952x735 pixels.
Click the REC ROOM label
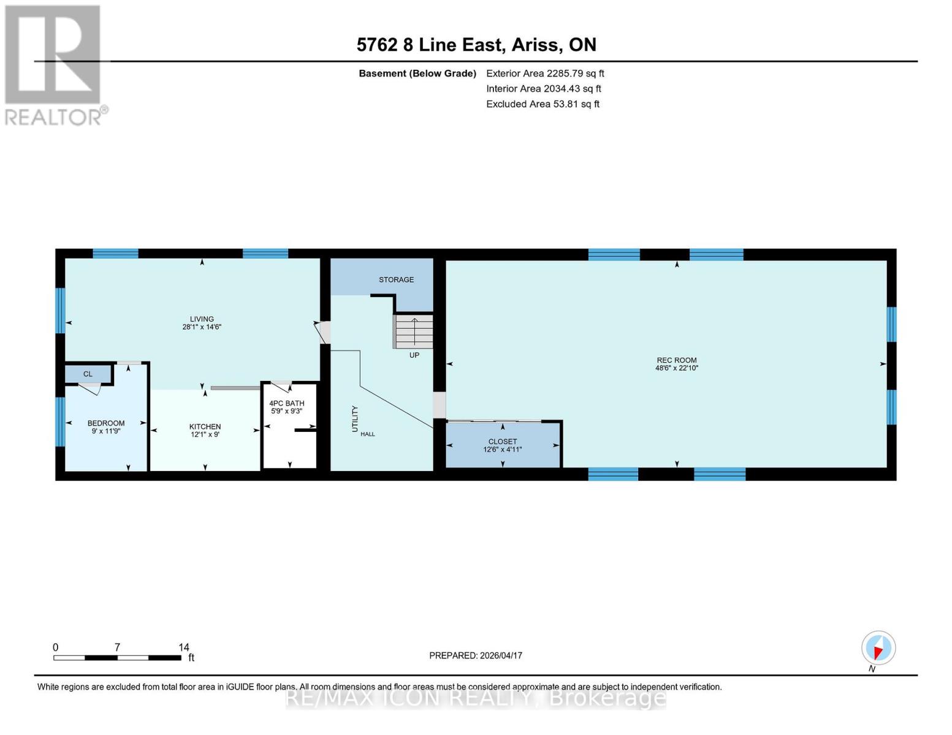(x=676, y=360)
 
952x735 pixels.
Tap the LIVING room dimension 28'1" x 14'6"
(x=202, y=327)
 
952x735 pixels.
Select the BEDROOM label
(x=106, y=423)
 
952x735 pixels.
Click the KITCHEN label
(x=205, y=427)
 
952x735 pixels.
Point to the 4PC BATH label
(x=287, y=404)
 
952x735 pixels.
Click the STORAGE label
(x=396, y=280)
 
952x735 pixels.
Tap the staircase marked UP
(x=414, y=331)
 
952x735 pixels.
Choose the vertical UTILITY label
(x=355, y=419)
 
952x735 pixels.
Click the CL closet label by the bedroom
(x=88, y=374)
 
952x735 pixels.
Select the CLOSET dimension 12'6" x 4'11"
(x=502, y=450)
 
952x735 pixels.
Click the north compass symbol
(x=878, y=648)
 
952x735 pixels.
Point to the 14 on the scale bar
(x=184, y=647)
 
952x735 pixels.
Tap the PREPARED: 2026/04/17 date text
(x=476, y=655)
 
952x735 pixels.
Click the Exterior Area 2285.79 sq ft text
(x=545, y=73)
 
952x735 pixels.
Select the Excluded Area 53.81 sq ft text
(x=543, y=104)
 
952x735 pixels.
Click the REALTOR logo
(x=54, y=64)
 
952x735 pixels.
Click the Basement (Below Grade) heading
(x=417, y=73)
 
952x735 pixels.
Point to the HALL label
(x=368, y=434)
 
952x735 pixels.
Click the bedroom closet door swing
(x=91, y=388)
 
